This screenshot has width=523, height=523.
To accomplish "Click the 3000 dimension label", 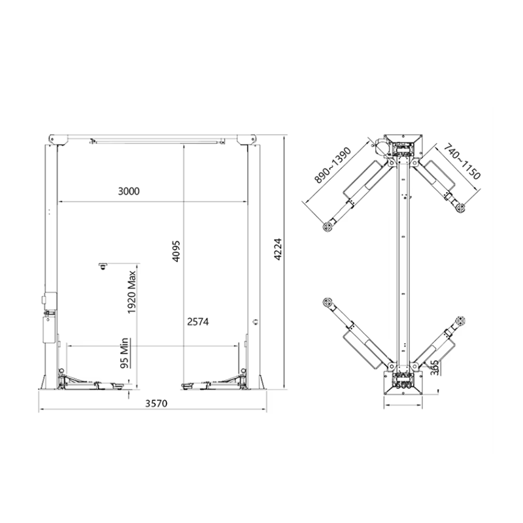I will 129,192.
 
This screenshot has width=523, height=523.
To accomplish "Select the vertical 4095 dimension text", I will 176,249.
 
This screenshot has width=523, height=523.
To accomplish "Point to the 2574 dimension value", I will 198,322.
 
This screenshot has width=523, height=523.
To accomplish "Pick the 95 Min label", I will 122,354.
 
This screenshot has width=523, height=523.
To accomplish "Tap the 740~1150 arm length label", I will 462,163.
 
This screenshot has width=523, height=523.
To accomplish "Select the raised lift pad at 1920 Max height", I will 103,264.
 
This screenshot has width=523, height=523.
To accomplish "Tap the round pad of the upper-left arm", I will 326,227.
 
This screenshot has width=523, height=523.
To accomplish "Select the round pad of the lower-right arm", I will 462,318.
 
